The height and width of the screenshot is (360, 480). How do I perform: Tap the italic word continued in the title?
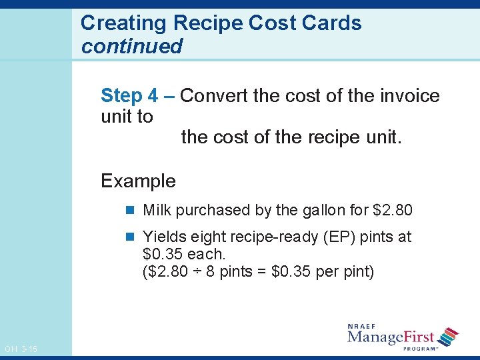131,47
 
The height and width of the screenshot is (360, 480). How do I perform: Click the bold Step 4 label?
130,96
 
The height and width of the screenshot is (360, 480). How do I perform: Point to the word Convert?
215,96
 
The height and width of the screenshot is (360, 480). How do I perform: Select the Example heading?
138,181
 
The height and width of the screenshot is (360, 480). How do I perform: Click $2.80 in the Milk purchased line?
393,211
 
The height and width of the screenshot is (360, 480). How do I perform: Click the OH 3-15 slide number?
21,349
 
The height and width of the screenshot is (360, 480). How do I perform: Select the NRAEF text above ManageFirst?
362,326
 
